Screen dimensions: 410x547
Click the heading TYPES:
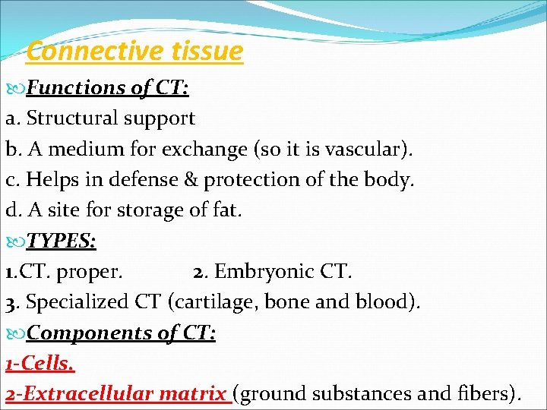coord(61,241)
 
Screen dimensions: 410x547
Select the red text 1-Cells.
coord(40,364)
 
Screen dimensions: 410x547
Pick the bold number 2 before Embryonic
coord(198,272)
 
